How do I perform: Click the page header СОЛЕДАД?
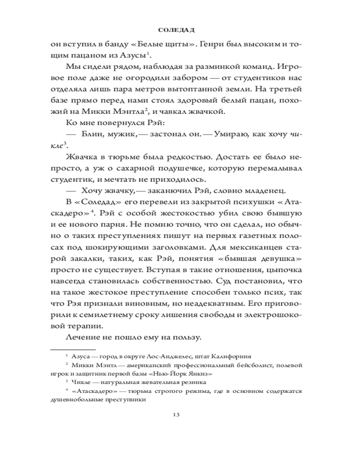pos(180,30)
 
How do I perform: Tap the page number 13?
pos(180,414)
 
